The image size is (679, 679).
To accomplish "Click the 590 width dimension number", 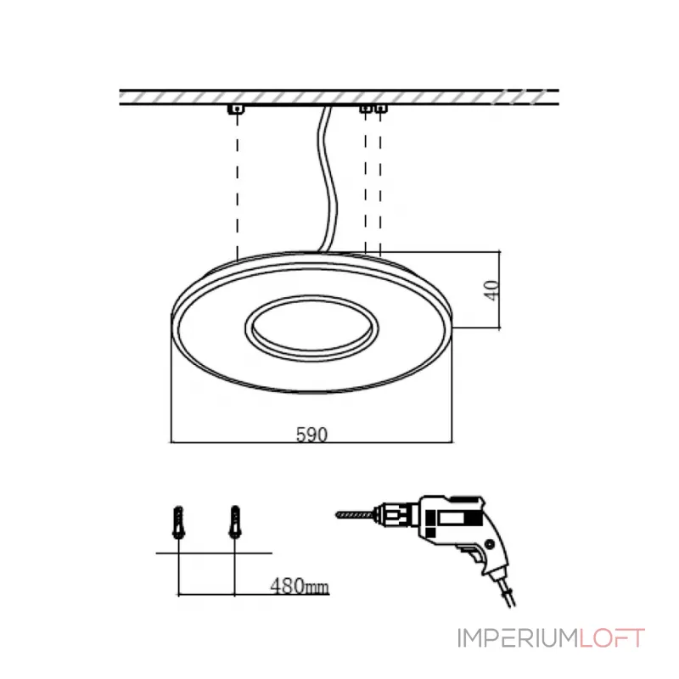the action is (311, 435).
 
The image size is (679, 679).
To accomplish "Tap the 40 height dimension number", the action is (491, 290).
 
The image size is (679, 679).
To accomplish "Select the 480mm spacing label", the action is (300, 586).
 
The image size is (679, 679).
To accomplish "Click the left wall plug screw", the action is (178, 522).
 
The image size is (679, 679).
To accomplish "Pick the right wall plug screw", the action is (235, 522).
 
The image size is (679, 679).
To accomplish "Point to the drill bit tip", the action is (337, 515).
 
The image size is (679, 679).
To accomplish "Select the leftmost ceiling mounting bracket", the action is (236, 109).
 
